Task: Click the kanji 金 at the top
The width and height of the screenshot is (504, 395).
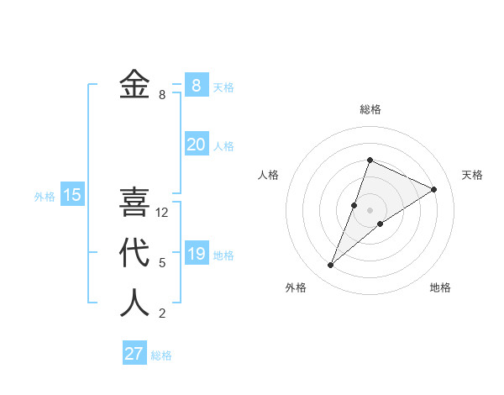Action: [x=134, y=85]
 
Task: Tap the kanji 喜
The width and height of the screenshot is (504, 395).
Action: [x=134, y=203]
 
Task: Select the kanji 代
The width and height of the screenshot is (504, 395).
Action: [x=134, y=253]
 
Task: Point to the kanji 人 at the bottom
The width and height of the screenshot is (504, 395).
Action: [x=134, y=303]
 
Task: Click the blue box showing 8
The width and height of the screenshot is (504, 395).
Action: [x=196, y=85]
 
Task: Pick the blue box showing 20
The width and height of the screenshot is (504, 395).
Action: [x=196, y=145]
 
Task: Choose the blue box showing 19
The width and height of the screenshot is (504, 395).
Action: [x=196, y=253]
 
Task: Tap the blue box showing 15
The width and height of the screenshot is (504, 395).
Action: [x=72, y=196]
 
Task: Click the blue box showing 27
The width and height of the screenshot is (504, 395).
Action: [x=134, y=353]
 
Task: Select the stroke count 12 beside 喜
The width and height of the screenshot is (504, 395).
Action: [x=162, y=213]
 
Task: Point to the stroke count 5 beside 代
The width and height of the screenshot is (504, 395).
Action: [x=162, y=263]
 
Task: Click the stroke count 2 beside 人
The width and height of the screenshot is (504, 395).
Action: [x=162, y=313]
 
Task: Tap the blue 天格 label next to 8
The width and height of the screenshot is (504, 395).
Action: [x=223, y=87]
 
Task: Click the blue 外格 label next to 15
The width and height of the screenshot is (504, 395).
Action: [x=45, y=197]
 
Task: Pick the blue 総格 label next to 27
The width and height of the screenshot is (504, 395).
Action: [x=161, y=355]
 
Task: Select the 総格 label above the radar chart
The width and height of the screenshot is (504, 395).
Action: [x=370, y=109]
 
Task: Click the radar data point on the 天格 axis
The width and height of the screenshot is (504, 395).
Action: [x=433, y=189]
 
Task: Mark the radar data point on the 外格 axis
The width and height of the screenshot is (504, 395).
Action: [x=331, y=265]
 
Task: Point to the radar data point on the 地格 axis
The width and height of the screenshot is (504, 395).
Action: [x=381, y=223]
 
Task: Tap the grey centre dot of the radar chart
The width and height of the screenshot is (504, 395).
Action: [x=370, y=210]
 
